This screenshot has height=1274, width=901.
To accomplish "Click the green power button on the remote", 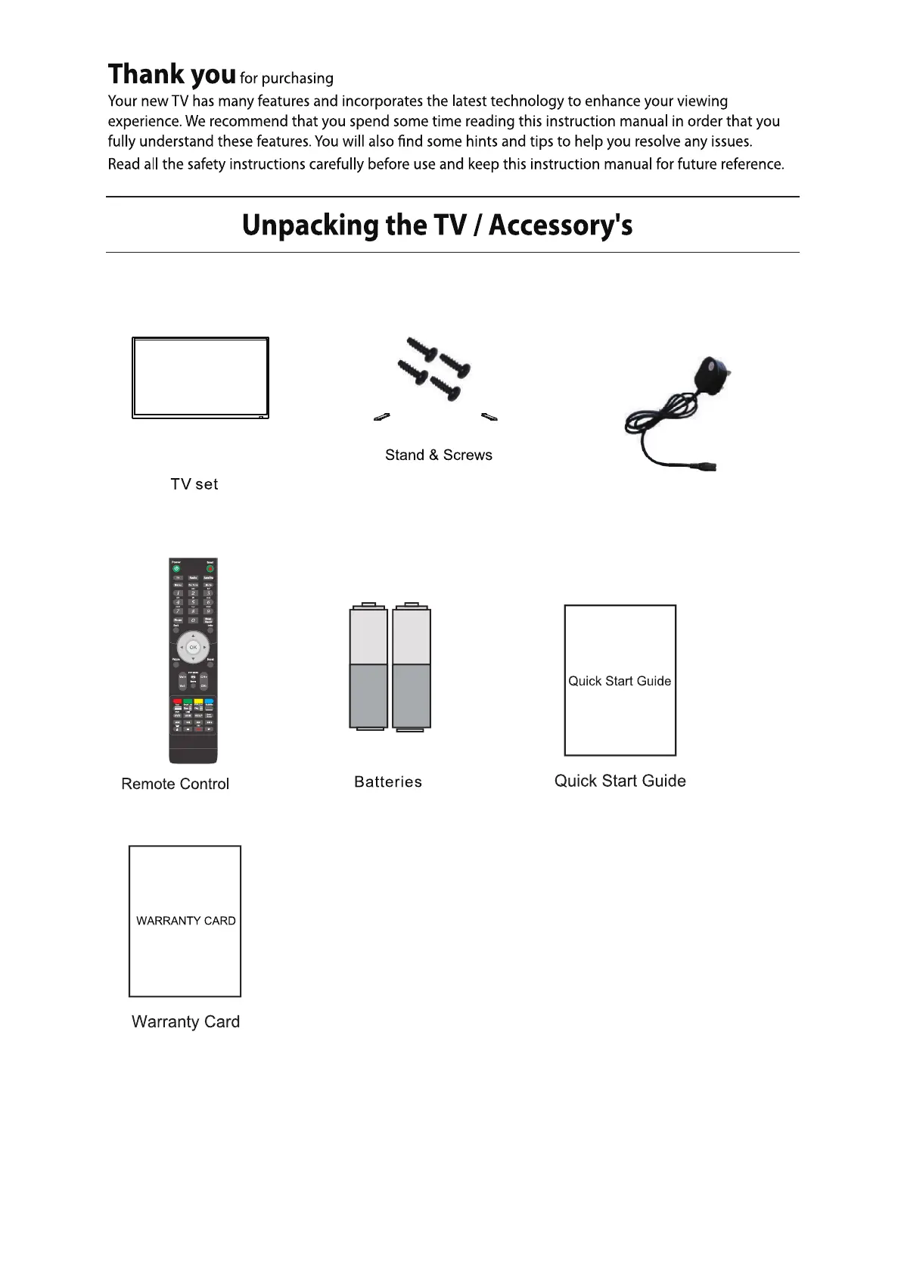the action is point(176,568).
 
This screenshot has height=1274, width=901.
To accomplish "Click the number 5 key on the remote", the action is point(193,602).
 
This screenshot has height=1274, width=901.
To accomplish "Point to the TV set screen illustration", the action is point(200,377).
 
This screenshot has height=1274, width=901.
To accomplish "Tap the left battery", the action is point(368,667).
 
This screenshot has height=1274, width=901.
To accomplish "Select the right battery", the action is point(412,667).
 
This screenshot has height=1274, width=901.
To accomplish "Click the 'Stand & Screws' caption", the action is point(439,455).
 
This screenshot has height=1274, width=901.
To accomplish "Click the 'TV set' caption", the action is point(194,484).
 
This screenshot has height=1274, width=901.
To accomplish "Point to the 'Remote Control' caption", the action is point(175,784).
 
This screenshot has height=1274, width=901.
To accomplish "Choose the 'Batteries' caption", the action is point(388,782).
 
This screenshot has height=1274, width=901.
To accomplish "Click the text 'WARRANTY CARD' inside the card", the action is point(185,921).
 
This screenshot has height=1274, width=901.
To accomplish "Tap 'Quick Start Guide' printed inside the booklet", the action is point(620,681).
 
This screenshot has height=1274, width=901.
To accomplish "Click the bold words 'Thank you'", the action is point(172,74).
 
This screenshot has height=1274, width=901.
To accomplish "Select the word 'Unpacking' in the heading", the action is point(310,225).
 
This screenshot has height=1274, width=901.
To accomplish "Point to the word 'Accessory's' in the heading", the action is point(561,225).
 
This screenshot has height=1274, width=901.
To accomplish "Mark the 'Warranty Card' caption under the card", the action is point(185,1021).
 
